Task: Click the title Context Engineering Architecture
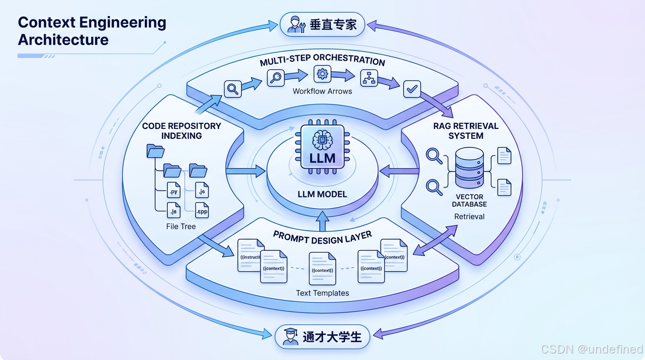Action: (92, 31)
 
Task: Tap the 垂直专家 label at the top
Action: (333, 24)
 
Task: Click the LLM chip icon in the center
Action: (322, 146)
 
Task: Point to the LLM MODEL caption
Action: (322, 194)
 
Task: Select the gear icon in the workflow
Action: (322, 74)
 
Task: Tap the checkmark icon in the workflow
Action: (412, 89)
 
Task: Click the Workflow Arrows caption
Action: (322, 91)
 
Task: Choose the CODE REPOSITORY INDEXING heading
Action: (181, 131)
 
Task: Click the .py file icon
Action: (173, 191)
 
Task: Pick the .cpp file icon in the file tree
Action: (202, 211)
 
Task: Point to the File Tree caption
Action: (181, 226)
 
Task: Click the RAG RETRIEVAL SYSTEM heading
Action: (465, 131)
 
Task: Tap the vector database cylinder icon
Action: (469, 168)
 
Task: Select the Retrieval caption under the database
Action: (469, 217)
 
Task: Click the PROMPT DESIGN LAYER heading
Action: (322, 238)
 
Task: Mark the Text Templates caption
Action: (322, 293)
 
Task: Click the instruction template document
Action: (249, 255)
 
